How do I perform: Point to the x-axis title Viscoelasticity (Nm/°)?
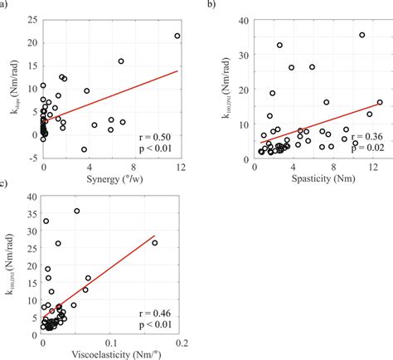click(x=112, y=351)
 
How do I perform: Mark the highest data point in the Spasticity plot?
click(x=361, y=35)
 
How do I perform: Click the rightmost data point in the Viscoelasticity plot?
click(x=155, y=243)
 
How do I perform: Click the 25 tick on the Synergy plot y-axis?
click(x=33, y=18)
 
